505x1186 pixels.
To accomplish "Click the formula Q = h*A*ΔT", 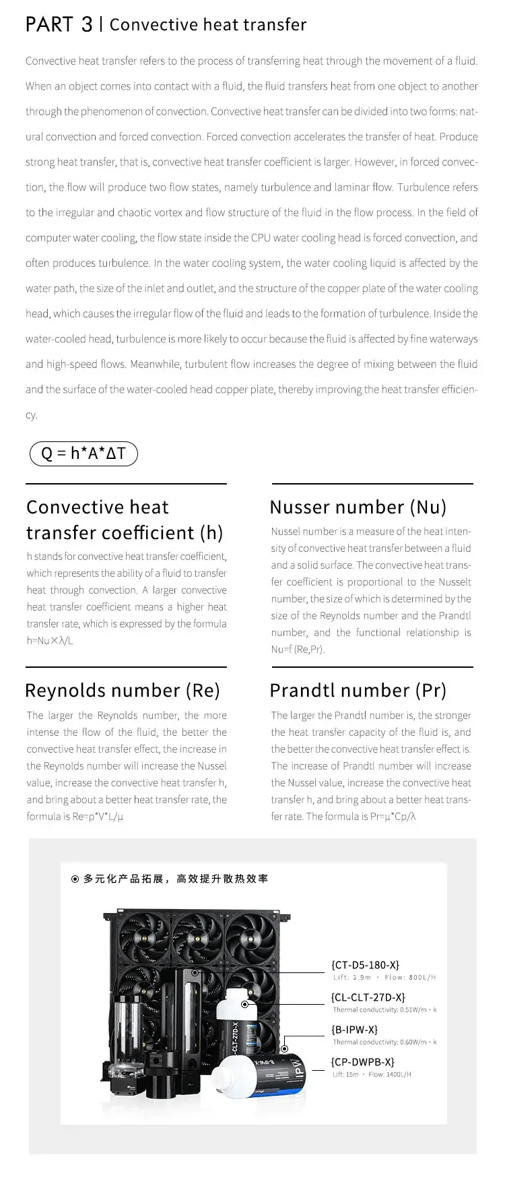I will click(83, 454).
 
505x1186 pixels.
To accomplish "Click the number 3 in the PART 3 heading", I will click(87, 25).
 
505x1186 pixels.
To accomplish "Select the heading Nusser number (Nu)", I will click(358, 507).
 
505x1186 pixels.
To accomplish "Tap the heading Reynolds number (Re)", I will click(123, 690).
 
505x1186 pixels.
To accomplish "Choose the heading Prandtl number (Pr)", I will click(358, 690).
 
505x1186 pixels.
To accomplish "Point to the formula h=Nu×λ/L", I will click(50, 641).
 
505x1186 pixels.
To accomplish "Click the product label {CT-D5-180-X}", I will click(365, 965).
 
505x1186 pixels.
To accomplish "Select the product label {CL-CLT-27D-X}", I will click(368, 997).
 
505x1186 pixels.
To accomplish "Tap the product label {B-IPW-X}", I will click(354, 1030).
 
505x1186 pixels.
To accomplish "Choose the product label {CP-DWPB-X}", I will click(362, 1062).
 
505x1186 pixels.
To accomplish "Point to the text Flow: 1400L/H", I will click(390, 1074).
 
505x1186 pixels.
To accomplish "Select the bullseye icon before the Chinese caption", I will click(75, 879).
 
